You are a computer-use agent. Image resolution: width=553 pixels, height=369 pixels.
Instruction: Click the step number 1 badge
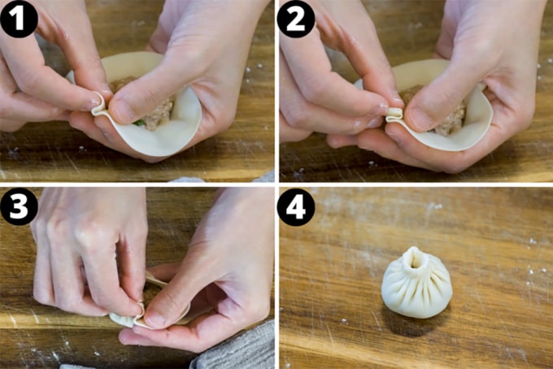[x=19, y=18]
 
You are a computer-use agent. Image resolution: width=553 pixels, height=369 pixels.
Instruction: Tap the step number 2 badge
[x=296, y=18]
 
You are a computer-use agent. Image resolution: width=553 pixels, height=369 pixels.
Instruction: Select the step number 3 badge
[x=19, y=208]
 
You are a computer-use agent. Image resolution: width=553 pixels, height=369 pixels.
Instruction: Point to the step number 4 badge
[x=296, y=208]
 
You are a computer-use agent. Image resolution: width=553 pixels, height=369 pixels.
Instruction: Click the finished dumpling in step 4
[x=416, y=284]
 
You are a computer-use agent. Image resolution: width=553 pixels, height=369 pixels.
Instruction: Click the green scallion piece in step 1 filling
[x=139, y=123]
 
